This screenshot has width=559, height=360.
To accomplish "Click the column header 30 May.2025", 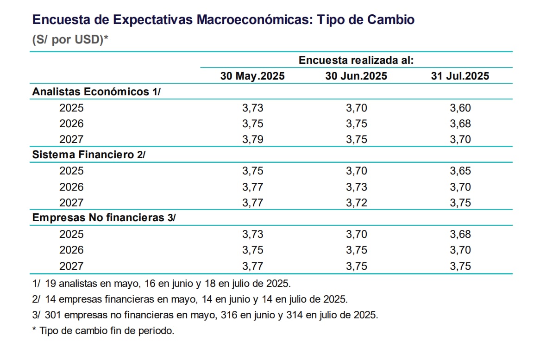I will tap(252, 76).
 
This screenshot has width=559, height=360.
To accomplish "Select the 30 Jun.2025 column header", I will tap(356, 76).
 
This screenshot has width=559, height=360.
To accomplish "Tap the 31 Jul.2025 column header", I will tap(460, 76).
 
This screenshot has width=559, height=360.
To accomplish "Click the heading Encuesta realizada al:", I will tap(356, 60).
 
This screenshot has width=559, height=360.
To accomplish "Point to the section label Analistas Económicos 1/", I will tap(96, 92).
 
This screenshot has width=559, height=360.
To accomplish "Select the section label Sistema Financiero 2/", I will tap(89, 155).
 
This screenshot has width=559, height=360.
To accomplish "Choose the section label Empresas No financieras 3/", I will tap(104, 217).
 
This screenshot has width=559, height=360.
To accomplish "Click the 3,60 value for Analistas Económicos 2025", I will tap(460, 108).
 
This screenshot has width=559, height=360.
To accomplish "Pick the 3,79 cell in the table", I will tap(252, 139).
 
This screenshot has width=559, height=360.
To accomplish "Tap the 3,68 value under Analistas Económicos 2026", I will tap(460, 124).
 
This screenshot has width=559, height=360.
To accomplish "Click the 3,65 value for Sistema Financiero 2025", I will tap(460, 171).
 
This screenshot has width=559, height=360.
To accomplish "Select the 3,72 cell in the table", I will tap(356, 202).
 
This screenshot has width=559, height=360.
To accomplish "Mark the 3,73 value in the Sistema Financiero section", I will tap(356, 186).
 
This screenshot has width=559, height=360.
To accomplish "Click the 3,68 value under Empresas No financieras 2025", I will tap(460, 234).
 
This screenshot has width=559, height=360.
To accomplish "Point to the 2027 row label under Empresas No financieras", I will tap(72, 266).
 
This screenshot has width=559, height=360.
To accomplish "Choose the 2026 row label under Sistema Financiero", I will tap(72, 186).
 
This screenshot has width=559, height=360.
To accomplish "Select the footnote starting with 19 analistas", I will tap(162, 283).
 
